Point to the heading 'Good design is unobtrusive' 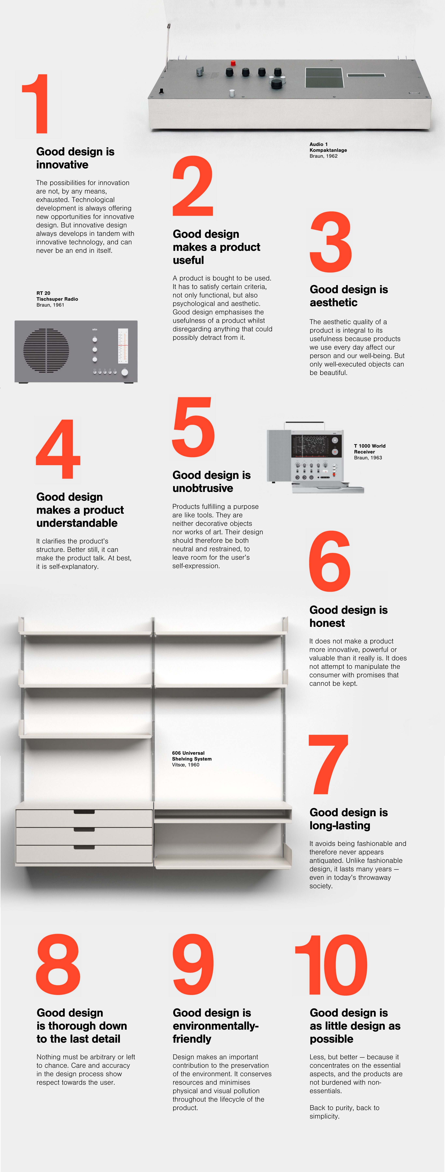click(x=212, y=481)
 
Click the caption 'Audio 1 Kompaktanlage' click(x=328, y=147)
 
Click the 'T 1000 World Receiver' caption click(x=369, y=449)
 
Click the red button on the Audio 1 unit click(x=233, y=63)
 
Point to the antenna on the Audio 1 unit click(x=167, y=42)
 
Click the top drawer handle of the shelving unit click(x=84, y=812)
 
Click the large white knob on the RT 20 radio click(x=125, y=372)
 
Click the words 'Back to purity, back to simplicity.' click(x=345, y=1112)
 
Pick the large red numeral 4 click(x=58, y=449)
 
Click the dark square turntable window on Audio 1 click(x=323, y=78)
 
